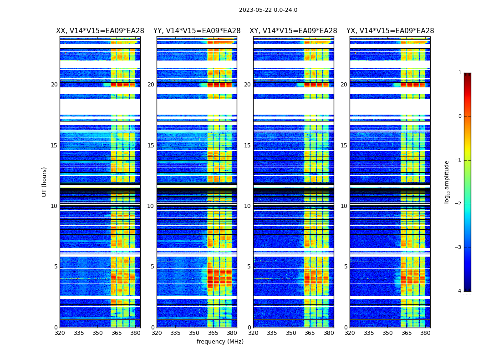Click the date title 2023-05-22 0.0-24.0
[268, 10]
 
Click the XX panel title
[100, 31]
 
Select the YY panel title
[197, 31]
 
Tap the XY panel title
[293, 31]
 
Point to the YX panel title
[390, 31]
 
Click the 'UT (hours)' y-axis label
[45, 182]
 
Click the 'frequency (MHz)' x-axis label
[220, 342]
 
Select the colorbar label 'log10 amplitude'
[447, 182]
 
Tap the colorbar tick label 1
[460, 73]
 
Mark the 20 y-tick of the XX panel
[54, 85]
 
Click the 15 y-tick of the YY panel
[151, 146]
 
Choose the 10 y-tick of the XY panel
[247, 206]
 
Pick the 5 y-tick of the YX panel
[346, 267]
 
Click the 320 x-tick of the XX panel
[60, 333]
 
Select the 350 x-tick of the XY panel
[291, 333]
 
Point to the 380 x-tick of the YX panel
[425, 333]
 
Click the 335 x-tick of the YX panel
[369, 333]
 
